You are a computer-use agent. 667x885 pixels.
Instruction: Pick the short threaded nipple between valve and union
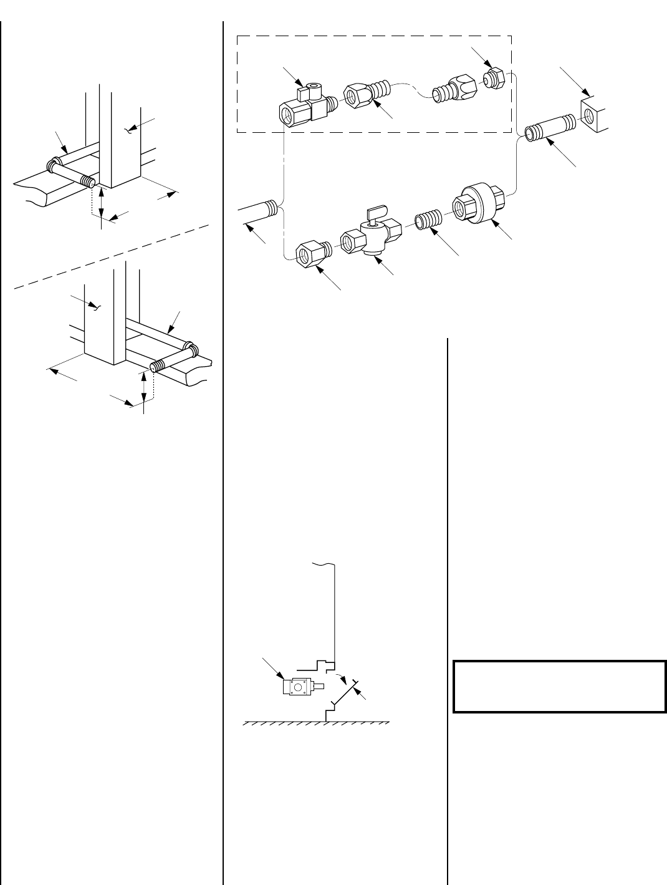point(429,221)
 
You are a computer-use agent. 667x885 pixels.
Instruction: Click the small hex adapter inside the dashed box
point(494,79)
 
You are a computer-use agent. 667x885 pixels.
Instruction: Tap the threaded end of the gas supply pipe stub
point(270,206)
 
